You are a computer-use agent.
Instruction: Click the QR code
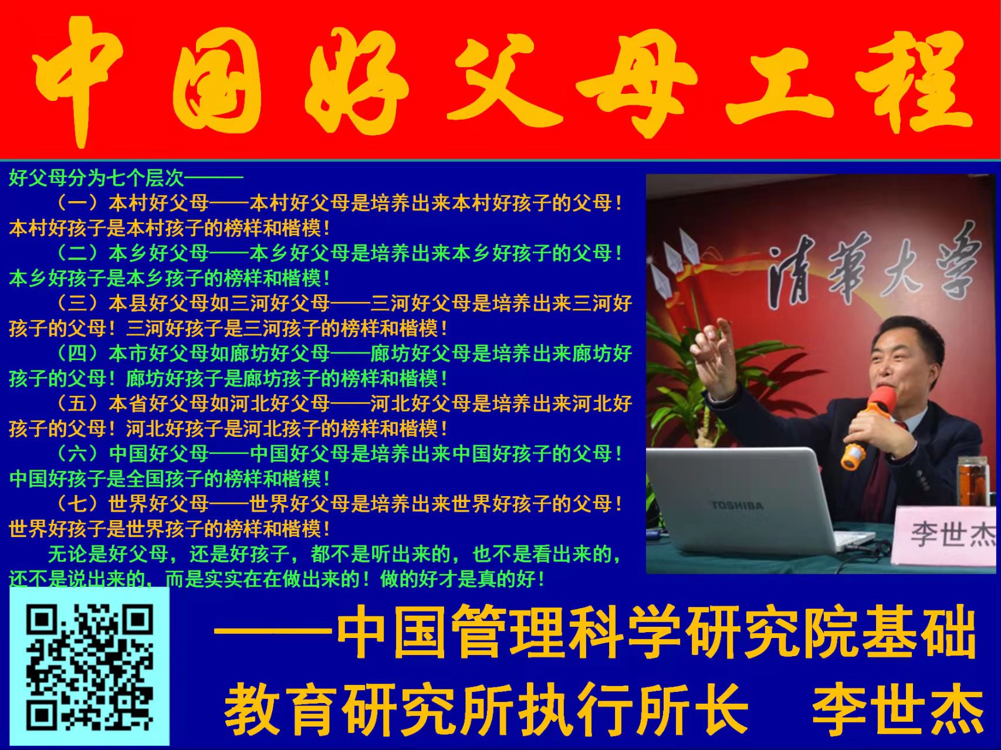coord(89,667)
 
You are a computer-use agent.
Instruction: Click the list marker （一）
coord(77,203)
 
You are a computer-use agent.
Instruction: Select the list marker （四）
coord(77,353)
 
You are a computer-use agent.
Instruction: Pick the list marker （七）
coord(77,503)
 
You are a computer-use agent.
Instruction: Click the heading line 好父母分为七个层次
coord(96,178)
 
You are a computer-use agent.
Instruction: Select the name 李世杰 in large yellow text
coord(897,710)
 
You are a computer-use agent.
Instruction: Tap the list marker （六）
coord(77,453)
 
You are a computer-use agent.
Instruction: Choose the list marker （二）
coord(77,253)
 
